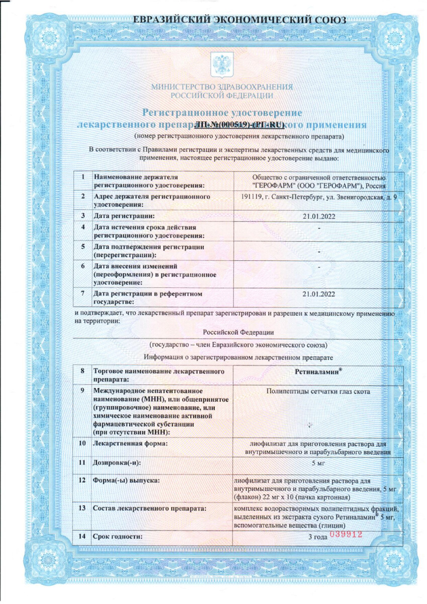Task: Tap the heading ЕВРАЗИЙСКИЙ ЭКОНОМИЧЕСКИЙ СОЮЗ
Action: pos(239,20)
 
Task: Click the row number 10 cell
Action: pos(82,443)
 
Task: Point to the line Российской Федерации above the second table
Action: pos(238,332)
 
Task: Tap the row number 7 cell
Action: pos(82,293)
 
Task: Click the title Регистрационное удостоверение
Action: pos(222,112)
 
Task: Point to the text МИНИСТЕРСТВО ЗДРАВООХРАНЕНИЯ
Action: pos(222,87)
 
